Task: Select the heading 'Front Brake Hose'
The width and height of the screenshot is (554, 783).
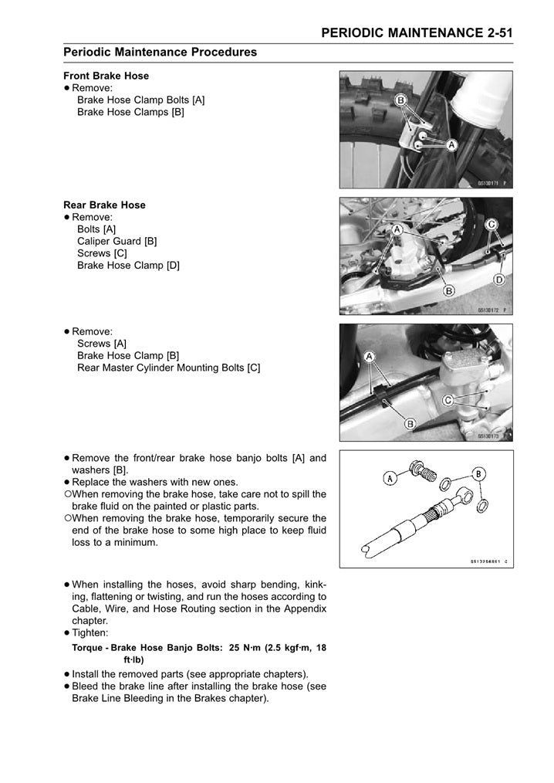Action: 106,76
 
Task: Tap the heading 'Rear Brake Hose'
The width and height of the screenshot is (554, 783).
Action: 104,205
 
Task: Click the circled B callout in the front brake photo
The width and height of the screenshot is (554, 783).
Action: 401,100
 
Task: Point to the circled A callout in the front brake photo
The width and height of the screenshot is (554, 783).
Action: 451,144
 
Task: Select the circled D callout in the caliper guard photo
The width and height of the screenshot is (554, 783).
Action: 498,279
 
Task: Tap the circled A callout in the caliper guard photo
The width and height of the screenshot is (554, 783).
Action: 397,230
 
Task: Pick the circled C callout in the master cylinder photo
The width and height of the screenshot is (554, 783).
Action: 448,400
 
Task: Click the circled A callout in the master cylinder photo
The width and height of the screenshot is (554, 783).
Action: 370,356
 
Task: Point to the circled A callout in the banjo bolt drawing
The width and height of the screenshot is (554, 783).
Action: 390,478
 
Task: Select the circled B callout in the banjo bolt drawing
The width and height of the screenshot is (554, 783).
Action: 478,473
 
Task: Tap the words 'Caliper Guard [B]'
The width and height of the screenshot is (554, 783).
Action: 117,241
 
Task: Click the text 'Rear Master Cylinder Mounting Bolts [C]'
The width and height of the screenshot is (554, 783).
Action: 168,368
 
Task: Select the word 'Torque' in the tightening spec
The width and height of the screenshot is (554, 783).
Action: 87,648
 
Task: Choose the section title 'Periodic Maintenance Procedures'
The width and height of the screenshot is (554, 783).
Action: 160,53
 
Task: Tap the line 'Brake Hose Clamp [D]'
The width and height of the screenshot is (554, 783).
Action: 128,265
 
